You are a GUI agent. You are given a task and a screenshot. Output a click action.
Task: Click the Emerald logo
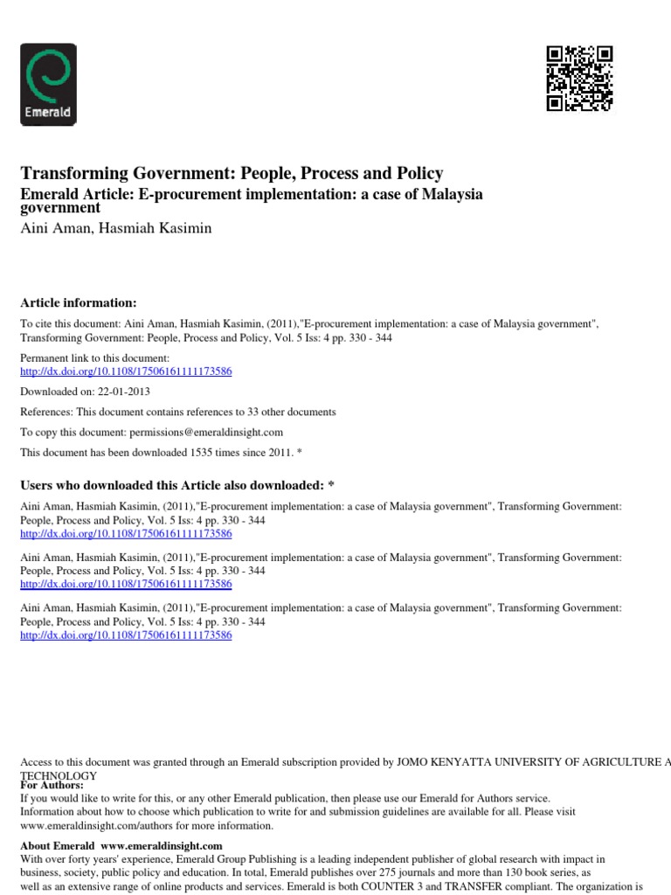tap(48, 85)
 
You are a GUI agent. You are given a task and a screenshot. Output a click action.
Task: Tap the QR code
tap(579, 78)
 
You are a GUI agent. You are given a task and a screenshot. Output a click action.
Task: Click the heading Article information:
tap(79, 302)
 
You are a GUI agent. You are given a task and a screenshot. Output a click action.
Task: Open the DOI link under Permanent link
tap(126, 371)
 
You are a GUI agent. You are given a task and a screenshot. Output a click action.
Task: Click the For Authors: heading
tap(52, 785)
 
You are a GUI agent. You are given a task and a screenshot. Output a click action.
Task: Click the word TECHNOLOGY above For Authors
tap(59, 775)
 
